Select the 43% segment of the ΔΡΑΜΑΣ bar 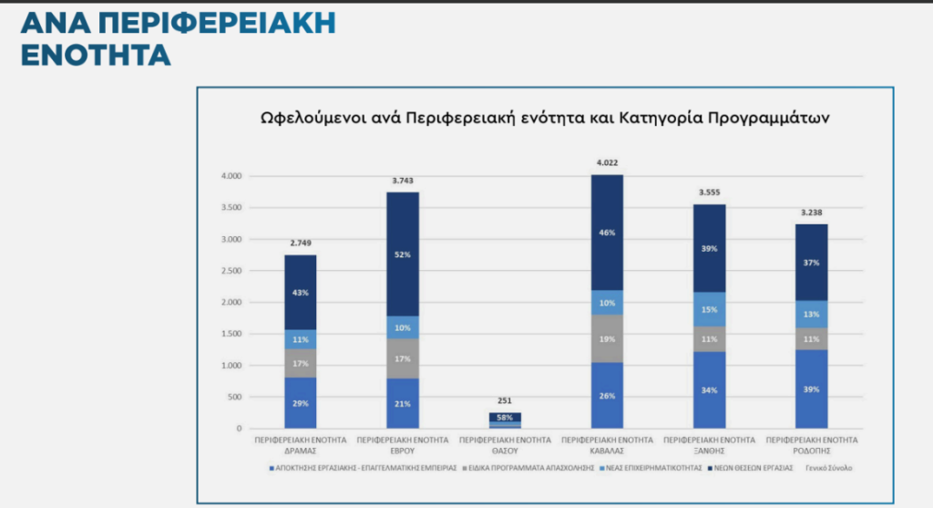click(300, 292)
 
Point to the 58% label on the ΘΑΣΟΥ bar click(504, 416)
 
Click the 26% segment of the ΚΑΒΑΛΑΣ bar click(606, 395)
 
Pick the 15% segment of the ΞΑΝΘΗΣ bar click(709, 309)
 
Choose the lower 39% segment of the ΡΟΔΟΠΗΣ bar click(811, 389)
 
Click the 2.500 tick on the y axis click(232, 271)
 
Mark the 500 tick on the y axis click(237, 397)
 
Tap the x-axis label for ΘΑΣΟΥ click(504, 444)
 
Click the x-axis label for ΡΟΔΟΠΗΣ click(811, 444)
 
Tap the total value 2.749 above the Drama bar click(300, 244)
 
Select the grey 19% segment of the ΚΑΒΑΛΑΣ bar click(606, 337)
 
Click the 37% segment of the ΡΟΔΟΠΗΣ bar click(811, 262)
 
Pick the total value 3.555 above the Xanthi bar click(709, 192)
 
